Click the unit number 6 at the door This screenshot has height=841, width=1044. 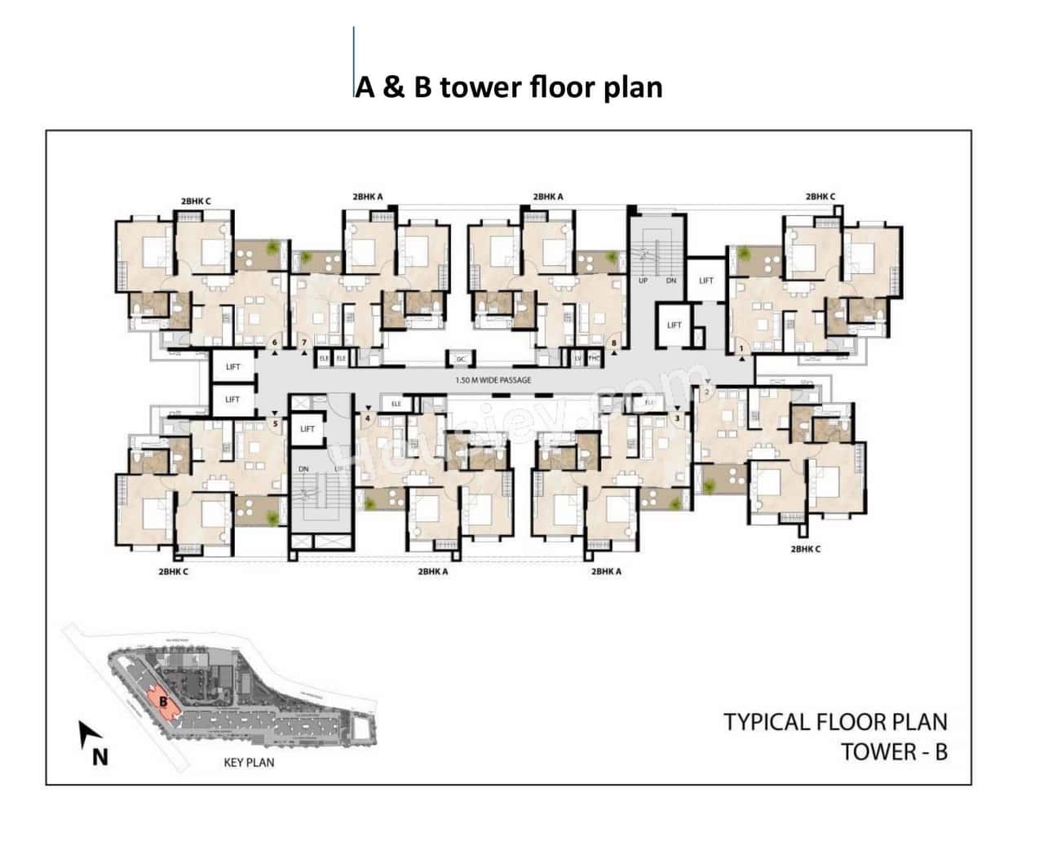click(275, 342)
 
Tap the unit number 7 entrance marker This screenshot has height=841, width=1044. click(304, 342)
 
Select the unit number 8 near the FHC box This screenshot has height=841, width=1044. click(613, 343)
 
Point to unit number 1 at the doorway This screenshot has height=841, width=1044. click(741, 349)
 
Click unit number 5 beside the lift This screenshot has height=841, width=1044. click(275, 423)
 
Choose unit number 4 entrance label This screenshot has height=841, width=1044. click(369, 419)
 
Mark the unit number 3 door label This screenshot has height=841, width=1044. click(677, 418)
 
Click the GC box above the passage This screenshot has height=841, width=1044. click(461, 359)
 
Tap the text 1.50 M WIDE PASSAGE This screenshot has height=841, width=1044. click(493, 380)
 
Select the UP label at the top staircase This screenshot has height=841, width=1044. click(643, 281)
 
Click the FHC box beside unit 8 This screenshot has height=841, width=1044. click(594, 359)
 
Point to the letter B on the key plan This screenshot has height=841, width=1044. click(163, 700)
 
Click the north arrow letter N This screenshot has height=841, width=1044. click(100, 757)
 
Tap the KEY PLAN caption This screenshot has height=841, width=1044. click(249, 762)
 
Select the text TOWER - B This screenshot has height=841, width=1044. click(894, 751)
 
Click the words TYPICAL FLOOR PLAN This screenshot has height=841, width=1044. click(835, 722)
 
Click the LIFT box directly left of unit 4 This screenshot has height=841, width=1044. click(307, 429)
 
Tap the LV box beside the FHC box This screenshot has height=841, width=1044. click(577, 359)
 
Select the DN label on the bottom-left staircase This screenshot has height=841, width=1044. click(303, 469)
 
